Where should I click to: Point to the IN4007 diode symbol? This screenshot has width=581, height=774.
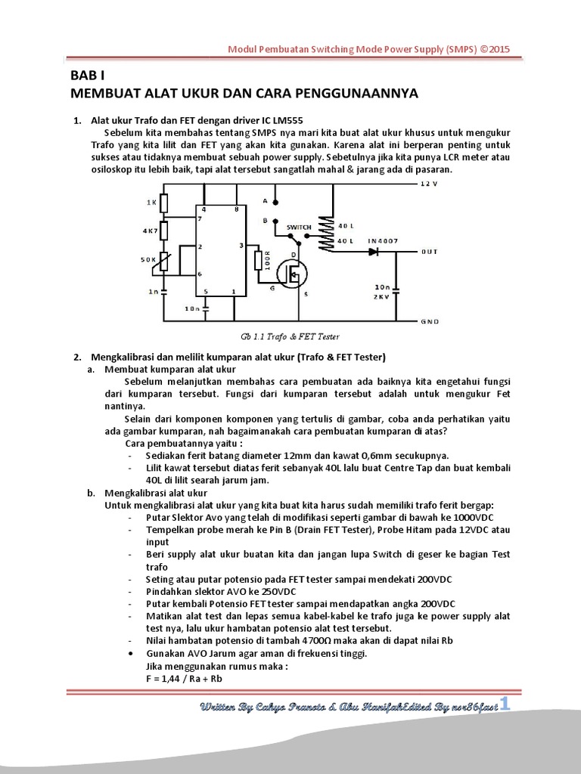pyautogui.click(x=373, y=252)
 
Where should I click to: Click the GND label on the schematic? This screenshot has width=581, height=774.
pyautogui.click(x=430, y=321)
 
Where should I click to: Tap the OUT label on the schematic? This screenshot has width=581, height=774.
pyautogui.click(x=430, y=252)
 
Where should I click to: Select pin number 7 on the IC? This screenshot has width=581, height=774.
pyautogui.click(x=199, y=219)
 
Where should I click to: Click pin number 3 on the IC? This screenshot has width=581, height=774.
pyautogui.click(x=241, y=246)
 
